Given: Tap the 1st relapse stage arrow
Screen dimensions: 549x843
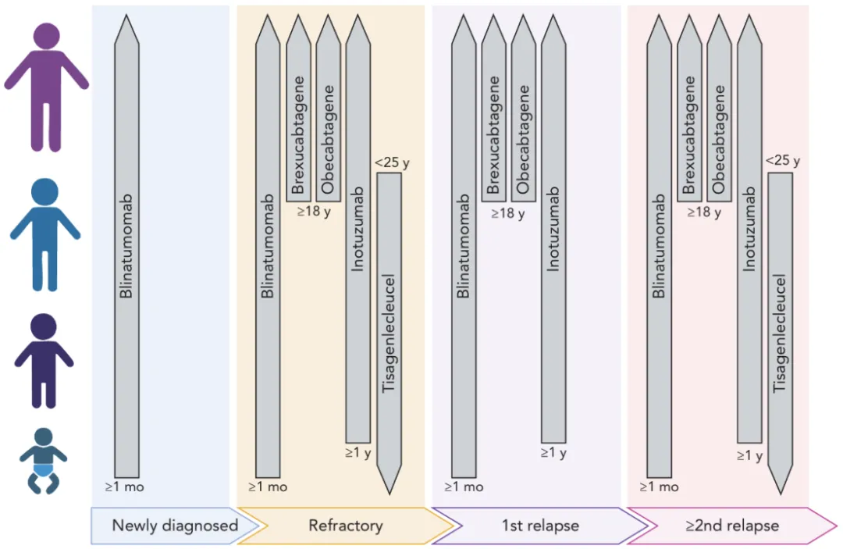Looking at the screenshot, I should (539, 526).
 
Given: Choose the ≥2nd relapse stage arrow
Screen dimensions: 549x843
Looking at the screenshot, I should (731, 526).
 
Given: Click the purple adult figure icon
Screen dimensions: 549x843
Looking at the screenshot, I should (47, 86).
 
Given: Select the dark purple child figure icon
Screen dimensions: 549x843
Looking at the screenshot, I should (44, 359).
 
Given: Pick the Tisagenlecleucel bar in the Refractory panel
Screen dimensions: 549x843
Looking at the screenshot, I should (389, 328).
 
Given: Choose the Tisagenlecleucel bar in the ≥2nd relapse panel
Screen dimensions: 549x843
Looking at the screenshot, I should (780, 328).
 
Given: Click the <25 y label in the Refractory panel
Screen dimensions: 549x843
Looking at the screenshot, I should (392, 162).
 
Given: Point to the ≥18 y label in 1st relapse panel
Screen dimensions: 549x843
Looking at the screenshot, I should (508, 213).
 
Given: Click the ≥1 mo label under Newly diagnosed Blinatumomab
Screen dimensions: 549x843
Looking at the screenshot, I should (125, 487).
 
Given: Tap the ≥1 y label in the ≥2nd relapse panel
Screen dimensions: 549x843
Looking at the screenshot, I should (749, 455).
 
